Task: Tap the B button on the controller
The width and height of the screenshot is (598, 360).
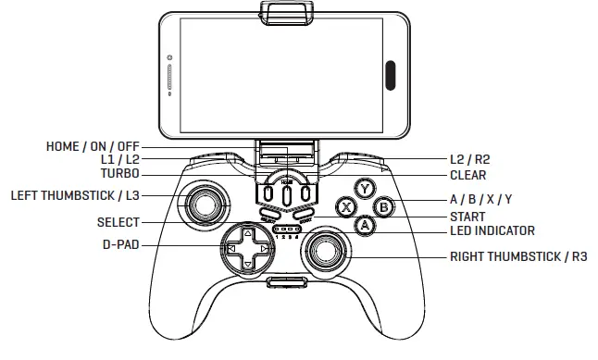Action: [385, 207]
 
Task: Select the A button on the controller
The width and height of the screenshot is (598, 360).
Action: [366, 225]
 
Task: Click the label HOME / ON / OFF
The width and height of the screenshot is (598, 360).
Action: [93, 146]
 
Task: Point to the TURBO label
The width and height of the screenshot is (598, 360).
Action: [121, 174]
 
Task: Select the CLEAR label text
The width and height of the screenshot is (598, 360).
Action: [467, 174]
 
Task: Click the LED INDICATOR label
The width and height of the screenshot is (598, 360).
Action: [492, 230]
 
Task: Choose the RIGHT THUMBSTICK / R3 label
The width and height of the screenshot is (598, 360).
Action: [518, 255]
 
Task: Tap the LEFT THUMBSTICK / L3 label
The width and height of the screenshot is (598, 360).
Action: [74, 195]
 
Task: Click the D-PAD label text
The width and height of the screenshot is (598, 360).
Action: [120, 246]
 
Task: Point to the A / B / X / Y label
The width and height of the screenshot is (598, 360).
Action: [480, 200]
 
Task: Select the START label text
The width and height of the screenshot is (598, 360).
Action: [467, 216]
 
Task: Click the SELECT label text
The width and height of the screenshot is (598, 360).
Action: [118, 222]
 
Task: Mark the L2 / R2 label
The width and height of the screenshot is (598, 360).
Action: [468, 160]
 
